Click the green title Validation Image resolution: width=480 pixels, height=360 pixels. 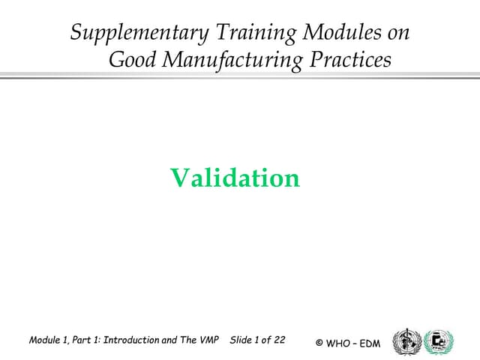[x=235, y=178]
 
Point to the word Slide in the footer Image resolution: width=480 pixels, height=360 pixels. [x=241, y=340]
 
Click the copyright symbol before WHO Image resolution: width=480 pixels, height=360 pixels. [x=319, y=343]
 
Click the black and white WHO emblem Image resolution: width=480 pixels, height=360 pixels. [x=407, y=341]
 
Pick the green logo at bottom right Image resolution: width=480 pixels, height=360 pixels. [x=439, y=341]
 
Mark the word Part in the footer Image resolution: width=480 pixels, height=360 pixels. [x=84, y=340]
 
